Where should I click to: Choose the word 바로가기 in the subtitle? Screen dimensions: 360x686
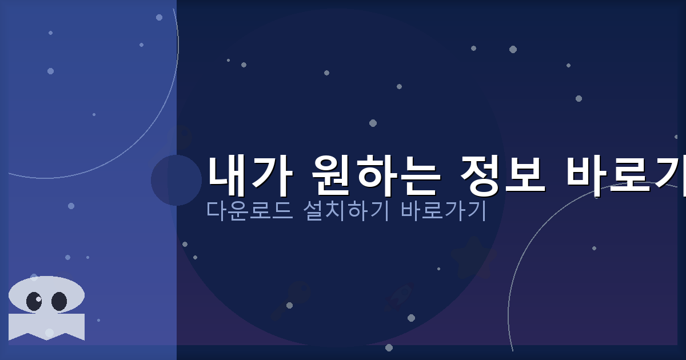[444, 211]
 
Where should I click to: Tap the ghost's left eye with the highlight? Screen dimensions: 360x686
[34, 301]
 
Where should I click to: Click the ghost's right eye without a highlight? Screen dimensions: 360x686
[59, 301]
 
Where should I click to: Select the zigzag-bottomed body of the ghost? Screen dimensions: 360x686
[47, 326]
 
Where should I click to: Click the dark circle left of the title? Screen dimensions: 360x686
[176, 180]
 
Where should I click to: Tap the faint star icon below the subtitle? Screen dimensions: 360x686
[473, 258]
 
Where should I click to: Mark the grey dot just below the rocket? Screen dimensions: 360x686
[411, 318]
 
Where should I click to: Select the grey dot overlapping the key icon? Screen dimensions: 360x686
[289, 305]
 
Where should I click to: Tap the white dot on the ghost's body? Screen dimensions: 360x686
[49, 333]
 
